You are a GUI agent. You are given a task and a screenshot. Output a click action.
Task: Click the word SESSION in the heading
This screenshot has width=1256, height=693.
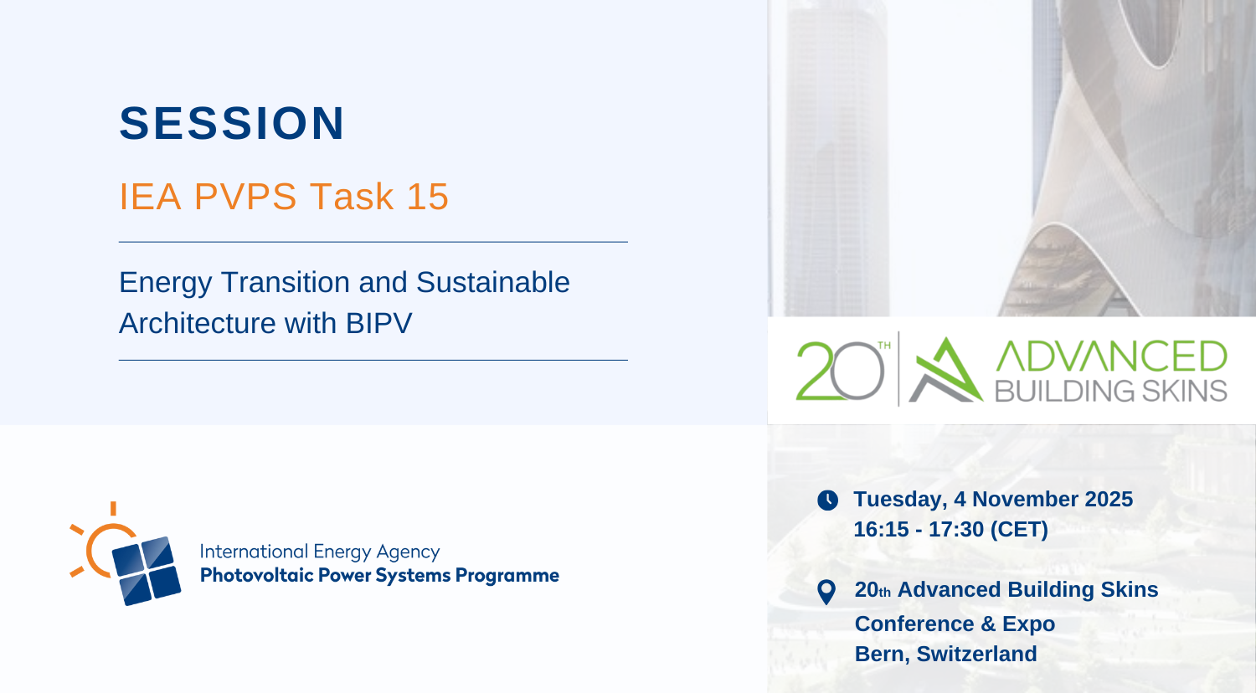(x=232, y=123)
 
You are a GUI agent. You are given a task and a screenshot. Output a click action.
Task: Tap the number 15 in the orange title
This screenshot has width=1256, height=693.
(x=428, y=196)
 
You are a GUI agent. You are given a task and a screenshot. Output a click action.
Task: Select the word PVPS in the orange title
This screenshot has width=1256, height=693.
(x=245, y=196)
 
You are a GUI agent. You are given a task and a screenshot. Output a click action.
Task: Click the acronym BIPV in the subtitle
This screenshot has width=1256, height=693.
(x=379, y=323)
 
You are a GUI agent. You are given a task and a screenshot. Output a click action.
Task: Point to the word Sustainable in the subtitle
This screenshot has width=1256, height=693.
(x=493, y=282)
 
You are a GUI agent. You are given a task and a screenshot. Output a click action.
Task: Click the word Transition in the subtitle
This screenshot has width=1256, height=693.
(x=286, y=282)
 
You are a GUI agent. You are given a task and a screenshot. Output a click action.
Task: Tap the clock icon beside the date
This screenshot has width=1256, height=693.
(x=827, y=501)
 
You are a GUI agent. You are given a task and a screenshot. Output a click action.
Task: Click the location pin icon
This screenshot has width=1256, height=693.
(x=826, y=592)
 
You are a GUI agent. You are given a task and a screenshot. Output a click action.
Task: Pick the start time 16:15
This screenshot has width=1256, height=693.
(x=881, y=529)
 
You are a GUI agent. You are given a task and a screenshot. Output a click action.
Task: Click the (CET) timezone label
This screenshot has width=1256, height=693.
(x=1019, y=529)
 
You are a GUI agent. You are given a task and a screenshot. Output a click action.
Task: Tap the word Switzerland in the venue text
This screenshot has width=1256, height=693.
(x=976, y=654)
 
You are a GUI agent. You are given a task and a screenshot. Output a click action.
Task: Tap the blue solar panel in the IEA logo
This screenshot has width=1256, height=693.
(x=147, y=571)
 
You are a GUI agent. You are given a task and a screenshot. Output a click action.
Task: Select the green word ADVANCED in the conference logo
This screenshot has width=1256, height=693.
(x=1111, y=356)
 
